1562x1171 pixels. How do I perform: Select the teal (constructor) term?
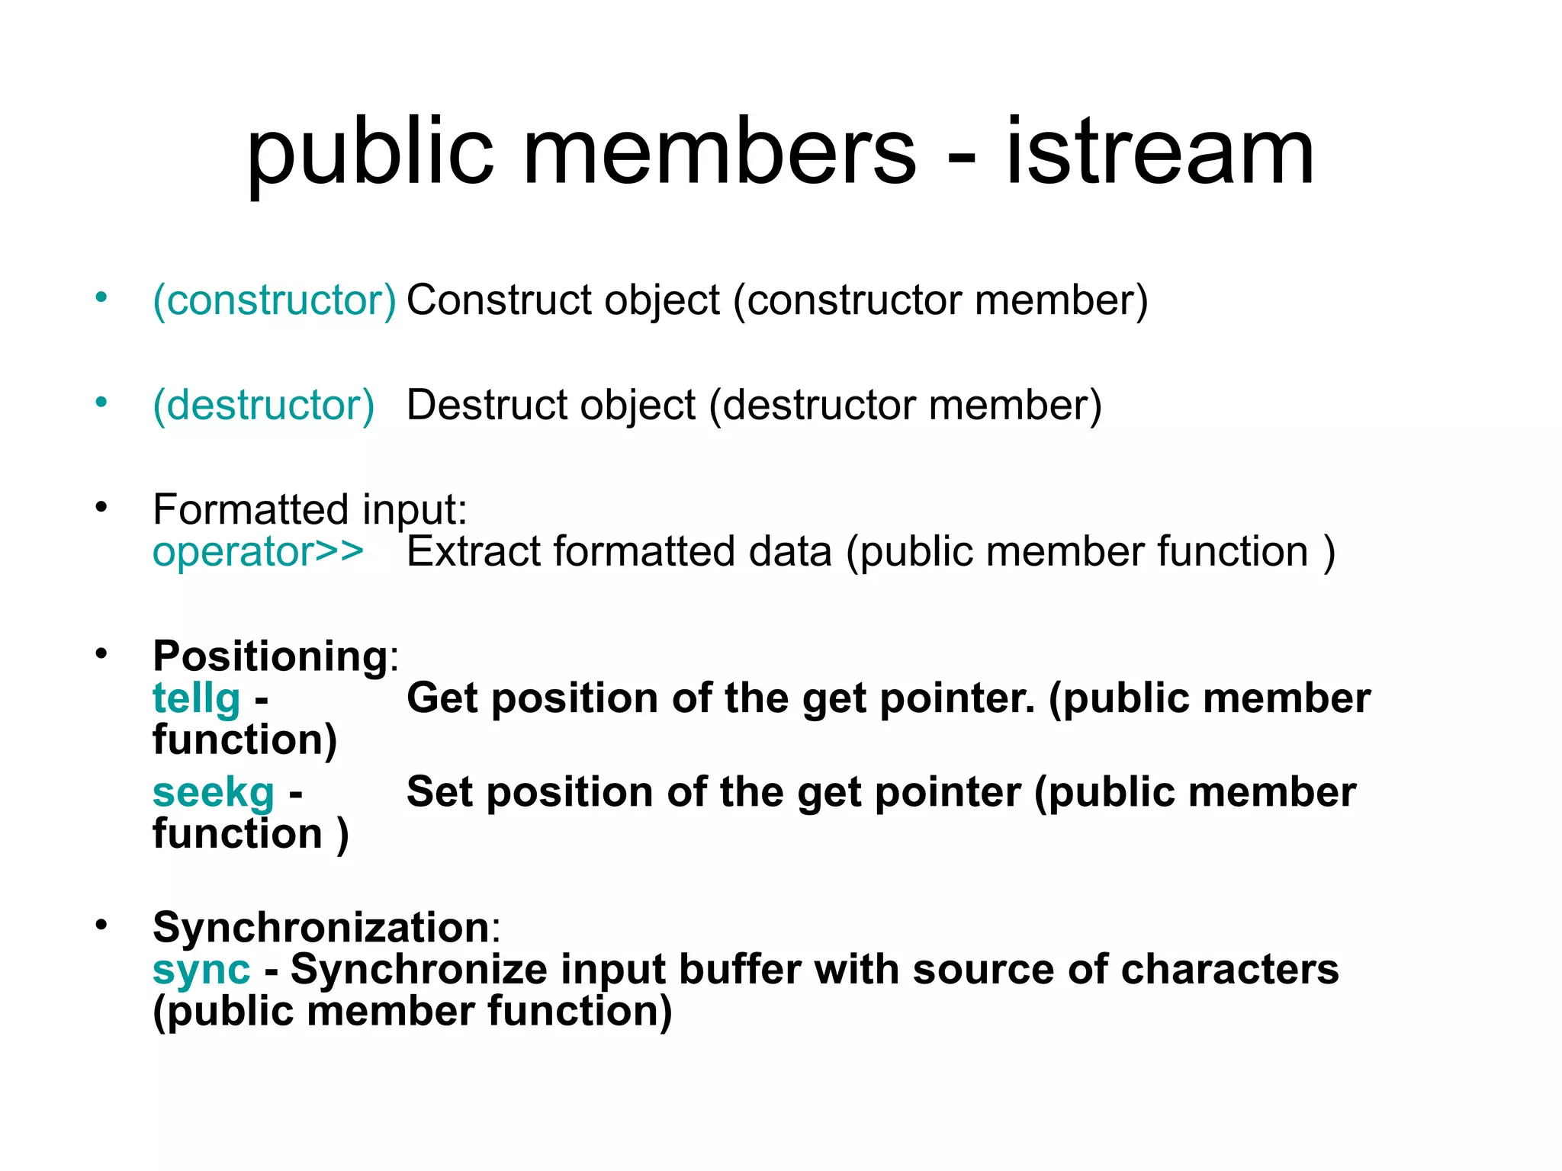[x=275, y=300]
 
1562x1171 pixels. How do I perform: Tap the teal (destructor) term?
[x=264, y=405]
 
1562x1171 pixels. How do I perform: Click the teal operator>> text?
[x=258, y=551]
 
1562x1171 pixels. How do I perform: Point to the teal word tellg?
[x=197, y=698]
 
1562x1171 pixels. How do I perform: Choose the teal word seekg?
[x=213, y=792]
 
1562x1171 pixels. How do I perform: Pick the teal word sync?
[x=201, y=970]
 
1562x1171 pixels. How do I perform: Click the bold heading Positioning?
[x=271, y=656]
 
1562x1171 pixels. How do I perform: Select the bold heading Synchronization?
[x=321, y=927]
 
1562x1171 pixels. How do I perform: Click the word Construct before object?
[x=499, y=300]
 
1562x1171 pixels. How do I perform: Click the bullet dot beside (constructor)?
[x=101, y=297]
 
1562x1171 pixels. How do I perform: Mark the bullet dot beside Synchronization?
[x=101, y=925]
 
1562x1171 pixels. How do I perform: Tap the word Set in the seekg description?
[x=440, y=792]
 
